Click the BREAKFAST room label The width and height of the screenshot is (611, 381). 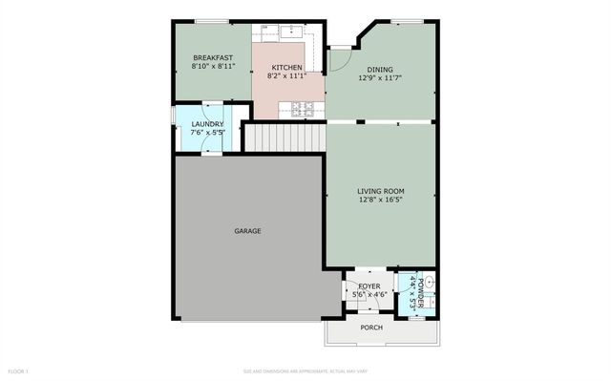coord(212,57)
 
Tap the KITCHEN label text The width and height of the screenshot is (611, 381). coord(286,67)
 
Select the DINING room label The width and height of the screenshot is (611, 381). coord(381,68)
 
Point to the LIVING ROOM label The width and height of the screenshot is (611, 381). coord(381,191)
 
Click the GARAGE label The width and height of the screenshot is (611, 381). coord(247,231)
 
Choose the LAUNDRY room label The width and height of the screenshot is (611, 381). coord(207,124)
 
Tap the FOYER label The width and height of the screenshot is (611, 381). coord(369,286)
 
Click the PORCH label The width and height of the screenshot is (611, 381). coord(371,328)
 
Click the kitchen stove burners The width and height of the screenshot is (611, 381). coord(303,108)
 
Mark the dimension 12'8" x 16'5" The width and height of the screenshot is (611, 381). coord(381,201)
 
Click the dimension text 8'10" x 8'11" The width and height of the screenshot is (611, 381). coord(212,67)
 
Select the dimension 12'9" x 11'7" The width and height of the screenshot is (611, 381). coord(381,77)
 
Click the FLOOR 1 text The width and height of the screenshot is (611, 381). coord(19,370)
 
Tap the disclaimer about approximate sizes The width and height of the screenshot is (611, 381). coord(305,370)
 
